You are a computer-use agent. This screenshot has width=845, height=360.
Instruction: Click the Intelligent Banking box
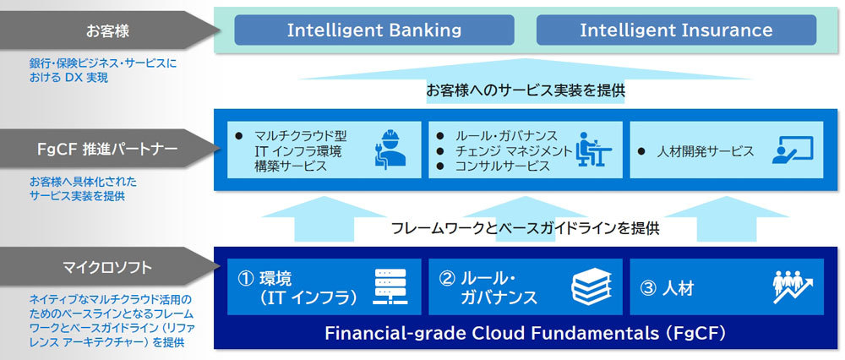pyautogui.click(x=374, y=30)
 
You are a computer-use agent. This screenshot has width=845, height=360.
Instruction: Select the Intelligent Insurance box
pyautogui.click(x=676, y=30)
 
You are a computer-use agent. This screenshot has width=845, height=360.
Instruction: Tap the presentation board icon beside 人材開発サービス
pyautogui.click(x=792, y=150)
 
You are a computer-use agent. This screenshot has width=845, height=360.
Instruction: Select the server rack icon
pyautogui.click(x=390, y=286)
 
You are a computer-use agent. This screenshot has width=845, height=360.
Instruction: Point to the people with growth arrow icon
pyautogui.click(x=792, y=286)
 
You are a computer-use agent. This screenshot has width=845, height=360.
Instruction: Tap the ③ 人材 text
pyautogui.click(x=668, y=288)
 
